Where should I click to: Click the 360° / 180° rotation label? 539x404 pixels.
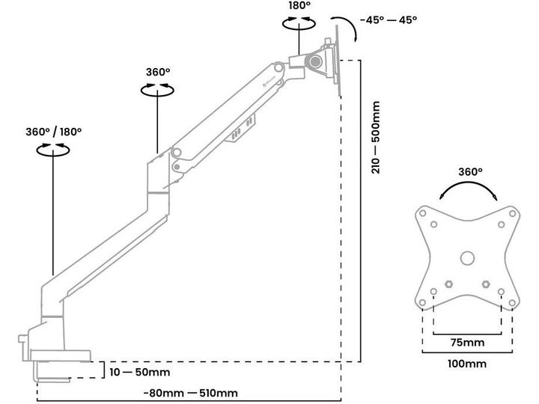[53, 131]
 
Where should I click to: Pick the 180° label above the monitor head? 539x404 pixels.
[300, 6]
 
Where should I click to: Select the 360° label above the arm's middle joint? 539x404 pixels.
[158, 73]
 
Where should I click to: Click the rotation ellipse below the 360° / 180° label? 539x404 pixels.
[55, 150]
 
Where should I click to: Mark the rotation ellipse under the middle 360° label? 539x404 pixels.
[158, 90]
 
